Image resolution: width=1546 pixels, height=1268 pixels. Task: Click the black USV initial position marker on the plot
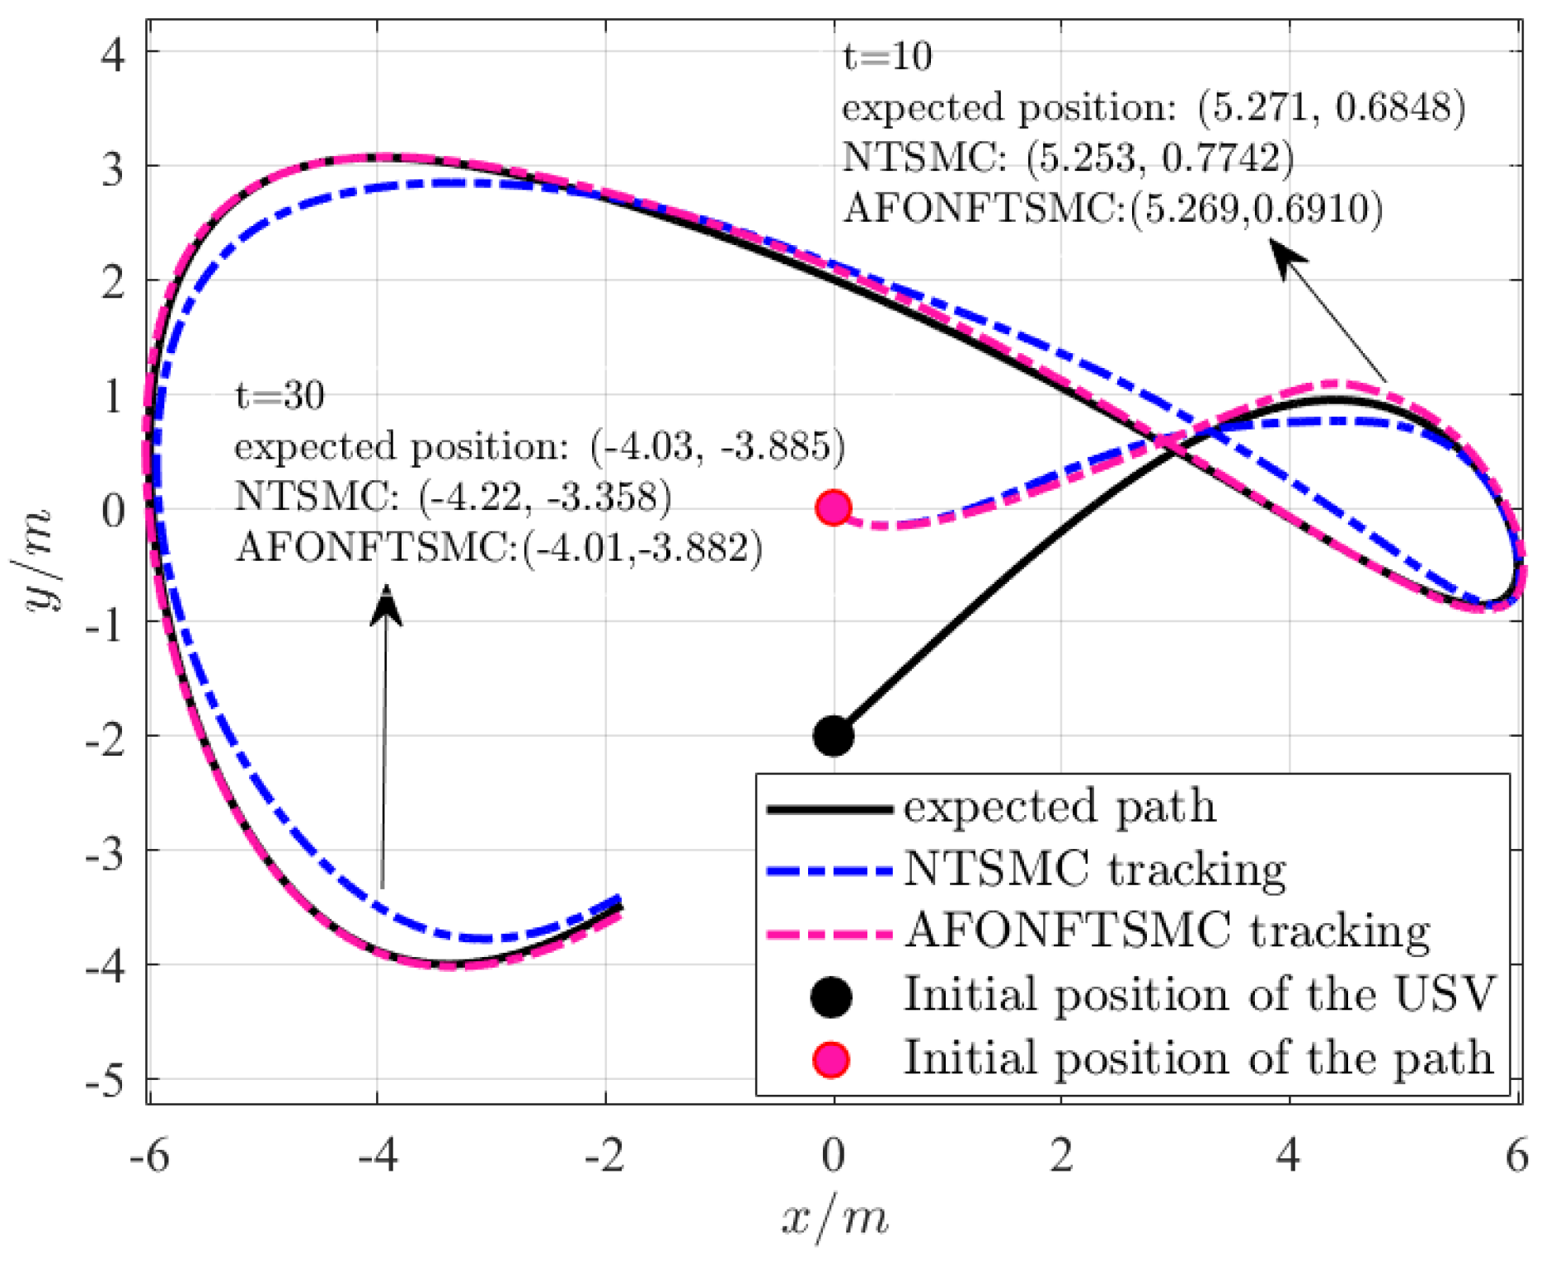833,735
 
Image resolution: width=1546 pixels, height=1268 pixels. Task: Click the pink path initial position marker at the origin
833,508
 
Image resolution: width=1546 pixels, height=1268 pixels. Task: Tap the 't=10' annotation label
886,57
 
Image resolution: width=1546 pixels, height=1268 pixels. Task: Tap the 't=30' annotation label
280,396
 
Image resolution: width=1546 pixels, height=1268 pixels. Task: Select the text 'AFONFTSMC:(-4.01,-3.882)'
498,548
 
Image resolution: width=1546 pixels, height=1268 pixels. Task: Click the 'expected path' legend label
1059,807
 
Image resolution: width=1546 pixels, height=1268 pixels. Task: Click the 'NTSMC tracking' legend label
1094,870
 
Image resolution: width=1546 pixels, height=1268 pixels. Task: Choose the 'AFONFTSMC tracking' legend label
1167,932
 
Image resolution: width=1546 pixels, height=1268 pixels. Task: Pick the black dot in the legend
830,997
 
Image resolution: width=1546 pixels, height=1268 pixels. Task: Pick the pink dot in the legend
830,1059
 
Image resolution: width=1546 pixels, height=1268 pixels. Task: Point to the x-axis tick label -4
378,1156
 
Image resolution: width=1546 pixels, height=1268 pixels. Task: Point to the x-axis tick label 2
1061,1156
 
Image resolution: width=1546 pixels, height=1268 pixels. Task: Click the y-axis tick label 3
113,168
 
